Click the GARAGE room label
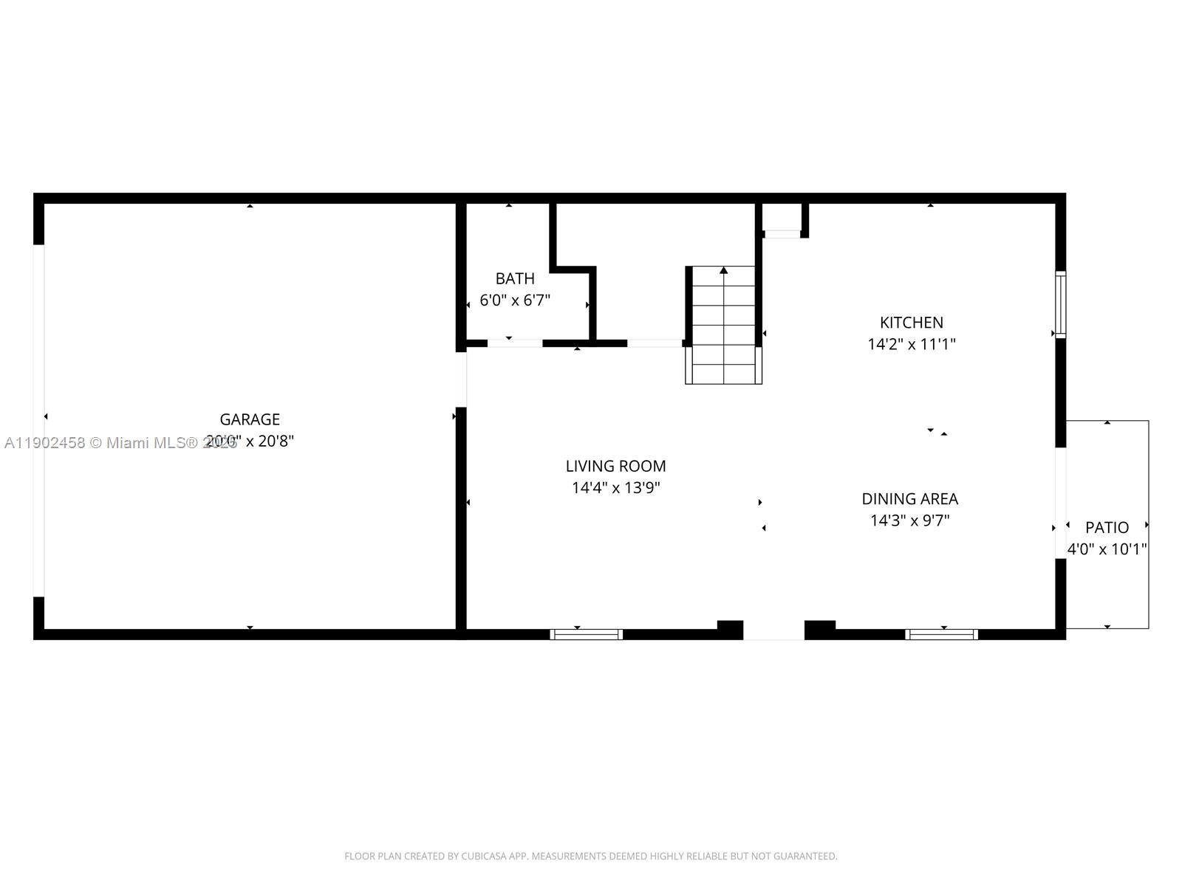[x=250, y=419]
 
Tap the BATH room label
[x=515, y=278]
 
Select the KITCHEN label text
[x=911, y=323]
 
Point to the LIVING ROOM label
[x=615, y=466]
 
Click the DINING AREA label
[x=909, y=498]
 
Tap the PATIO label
[x=1107, y=527]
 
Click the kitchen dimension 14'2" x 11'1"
[x=911, y=344]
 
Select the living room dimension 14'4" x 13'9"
[x=615, y=487]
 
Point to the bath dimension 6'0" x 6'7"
[x=515, y=301]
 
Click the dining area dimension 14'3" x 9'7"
[x=909, y=521]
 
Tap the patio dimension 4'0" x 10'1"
[x=1107, y=549]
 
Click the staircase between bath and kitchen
[x=724, y=325]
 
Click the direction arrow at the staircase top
[x=724, y=271]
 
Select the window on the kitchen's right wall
[x=1061, y=304]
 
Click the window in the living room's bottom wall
[x=587, y=634]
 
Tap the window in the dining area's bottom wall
[x=942, y=634]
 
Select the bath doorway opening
[x=515, y=343]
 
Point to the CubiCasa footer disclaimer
[x=591, y=856]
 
